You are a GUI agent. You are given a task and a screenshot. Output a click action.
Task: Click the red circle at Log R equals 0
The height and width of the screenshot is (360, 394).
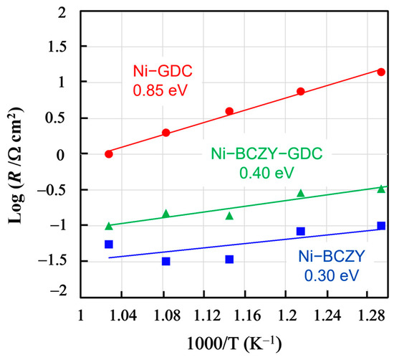click(x=109, y=153)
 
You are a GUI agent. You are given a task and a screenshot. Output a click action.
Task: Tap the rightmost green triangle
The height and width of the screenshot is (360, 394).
click(x=381, y=188)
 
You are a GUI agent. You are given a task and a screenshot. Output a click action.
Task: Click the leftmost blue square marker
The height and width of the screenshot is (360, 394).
click(x=109, y=244)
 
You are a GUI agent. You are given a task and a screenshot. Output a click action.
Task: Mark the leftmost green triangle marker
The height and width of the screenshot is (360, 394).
click(x=109, y=225)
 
